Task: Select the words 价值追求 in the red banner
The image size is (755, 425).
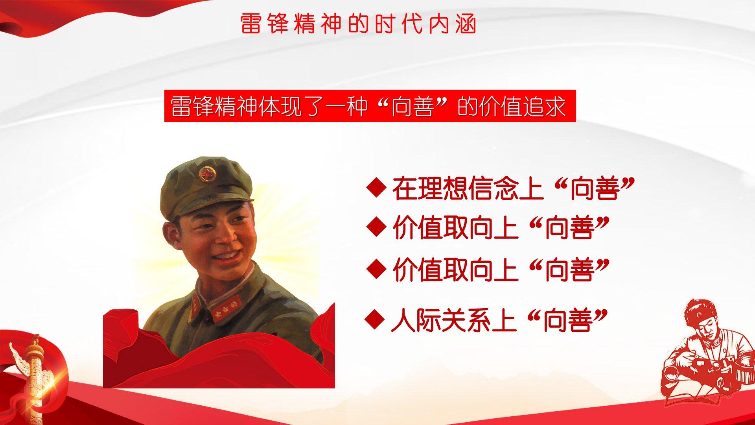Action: [522, 106]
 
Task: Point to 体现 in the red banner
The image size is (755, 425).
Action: [279, 106]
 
